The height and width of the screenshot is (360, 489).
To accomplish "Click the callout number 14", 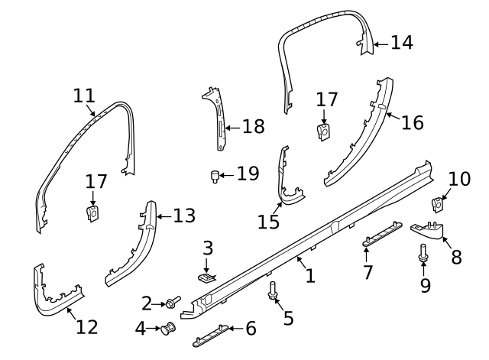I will (x=401, y=43).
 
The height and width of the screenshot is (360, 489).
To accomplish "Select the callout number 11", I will (x=85, y=96).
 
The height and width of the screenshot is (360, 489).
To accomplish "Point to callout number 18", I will (x=253, y=126).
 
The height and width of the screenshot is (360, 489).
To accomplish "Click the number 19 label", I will (x=248, y=174).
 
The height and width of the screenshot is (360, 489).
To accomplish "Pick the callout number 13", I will (x=183, y=216).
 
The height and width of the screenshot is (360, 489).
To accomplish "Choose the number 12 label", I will (x=87, y=327).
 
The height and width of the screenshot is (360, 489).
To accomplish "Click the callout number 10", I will (x=459, y=180).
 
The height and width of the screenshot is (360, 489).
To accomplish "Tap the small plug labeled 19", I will (x=215, y=177).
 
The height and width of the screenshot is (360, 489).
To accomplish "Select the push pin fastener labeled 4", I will (x=167, y=329).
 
